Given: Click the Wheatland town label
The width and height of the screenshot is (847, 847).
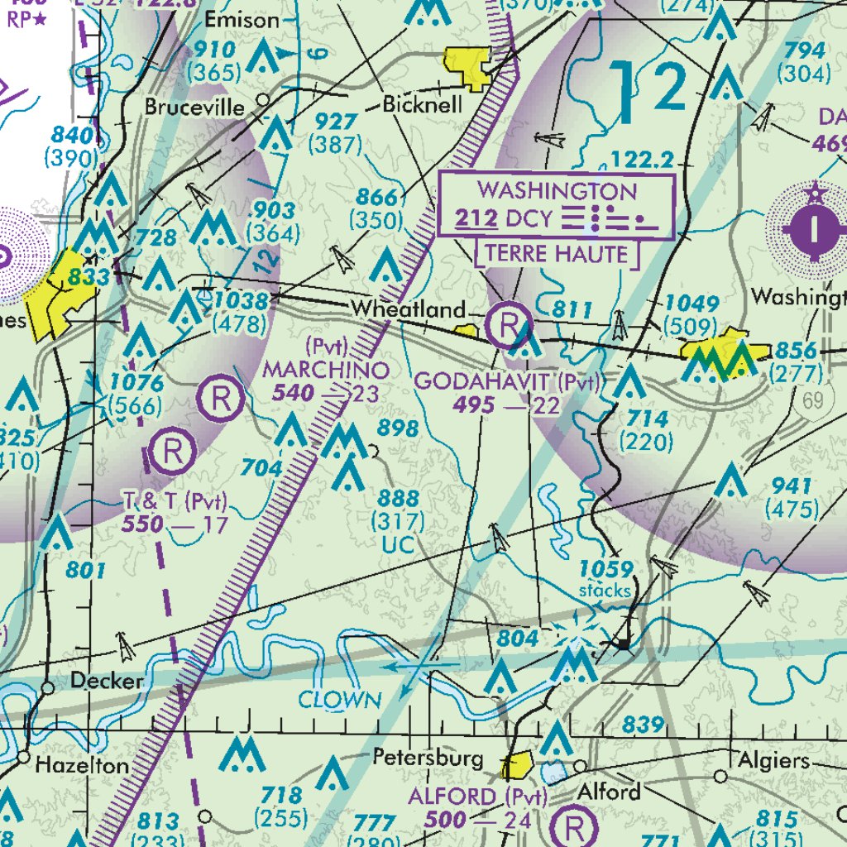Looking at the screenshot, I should point(408,309).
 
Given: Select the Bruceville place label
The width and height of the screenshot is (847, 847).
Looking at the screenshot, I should point(195,108).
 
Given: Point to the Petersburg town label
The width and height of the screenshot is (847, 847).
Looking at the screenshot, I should point(428,758).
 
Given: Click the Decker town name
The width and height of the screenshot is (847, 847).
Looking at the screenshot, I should point(107,682).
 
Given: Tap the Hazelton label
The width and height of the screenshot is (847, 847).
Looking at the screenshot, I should point(82,765).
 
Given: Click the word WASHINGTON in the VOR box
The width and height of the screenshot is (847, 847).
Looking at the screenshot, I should point(557,191).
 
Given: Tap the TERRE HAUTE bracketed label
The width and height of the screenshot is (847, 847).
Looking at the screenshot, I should point(557,254).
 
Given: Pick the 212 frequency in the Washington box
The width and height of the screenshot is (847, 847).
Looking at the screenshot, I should point(476,219).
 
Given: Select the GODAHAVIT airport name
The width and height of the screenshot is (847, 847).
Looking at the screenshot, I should point(484,382).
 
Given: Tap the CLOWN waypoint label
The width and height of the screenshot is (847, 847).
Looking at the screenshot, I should point(340,701).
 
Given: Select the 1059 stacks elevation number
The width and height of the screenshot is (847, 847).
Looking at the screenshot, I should point(606,569).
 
